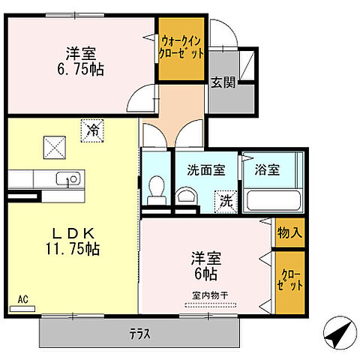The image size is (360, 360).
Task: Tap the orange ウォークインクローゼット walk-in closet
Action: (x=180, y=49)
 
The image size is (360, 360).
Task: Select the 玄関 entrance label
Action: (x=221, y=83)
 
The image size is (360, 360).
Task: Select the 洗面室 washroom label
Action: (x=205, y=169)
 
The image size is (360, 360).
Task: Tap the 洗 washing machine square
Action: (x=223, y=200)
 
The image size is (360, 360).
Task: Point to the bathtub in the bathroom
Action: (x=273, y=200)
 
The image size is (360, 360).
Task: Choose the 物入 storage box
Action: (x=288, y=232)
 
